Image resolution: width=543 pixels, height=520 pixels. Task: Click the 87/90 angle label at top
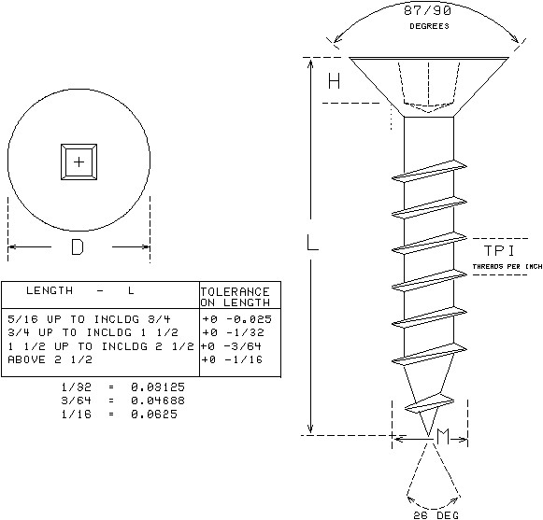click(428, 10)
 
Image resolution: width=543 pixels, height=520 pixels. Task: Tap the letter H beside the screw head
click(335, 81)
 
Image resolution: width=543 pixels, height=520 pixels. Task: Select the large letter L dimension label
click(313, 242)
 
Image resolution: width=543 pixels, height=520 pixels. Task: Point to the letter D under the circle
click(78, 247)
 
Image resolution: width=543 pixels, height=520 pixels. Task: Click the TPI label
click(499, 251)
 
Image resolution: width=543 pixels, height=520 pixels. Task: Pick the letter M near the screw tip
click(443, 437)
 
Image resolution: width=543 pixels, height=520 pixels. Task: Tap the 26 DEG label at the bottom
click(436, 515)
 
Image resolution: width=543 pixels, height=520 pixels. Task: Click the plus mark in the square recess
click(79, 162)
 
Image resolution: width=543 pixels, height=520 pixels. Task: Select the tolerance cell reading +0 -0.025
click(237, 319)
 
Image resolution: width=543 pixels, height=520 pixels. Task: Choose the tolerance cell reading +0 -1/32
click(234, 332)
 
